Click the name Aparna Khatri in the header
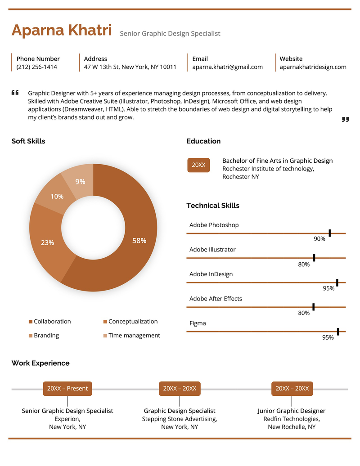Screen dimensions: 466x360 pos(62,31)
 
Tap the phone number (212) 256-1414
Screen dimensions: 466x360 pos(37,67)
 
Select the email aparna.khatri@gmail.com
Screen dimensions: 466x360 pos(227,67)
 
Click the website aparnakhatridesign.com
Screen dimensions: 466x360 pos(313,67)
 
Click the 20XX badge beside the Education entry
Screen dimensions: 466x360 pos(198,165)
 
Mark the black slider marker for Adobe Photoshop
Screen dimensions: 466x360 pos(330,233)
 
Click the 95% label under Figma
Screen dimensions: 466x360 pos(328,337)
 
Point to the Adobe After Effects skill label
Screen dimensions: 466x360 pos(216,299)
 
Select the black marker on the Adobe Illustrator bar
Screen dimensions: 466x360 pos(314,257)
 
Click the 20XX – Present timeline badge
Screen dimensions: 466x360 pos(67,389)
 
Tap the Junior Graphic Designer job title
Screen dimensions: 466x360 pos(291,411)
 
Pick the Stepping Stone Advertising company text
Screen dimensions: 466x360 pos(180,419)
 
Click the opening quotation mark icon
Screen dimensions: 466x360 pos(15,93)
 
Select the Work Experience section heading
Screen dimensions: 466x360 pos(40,363)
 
